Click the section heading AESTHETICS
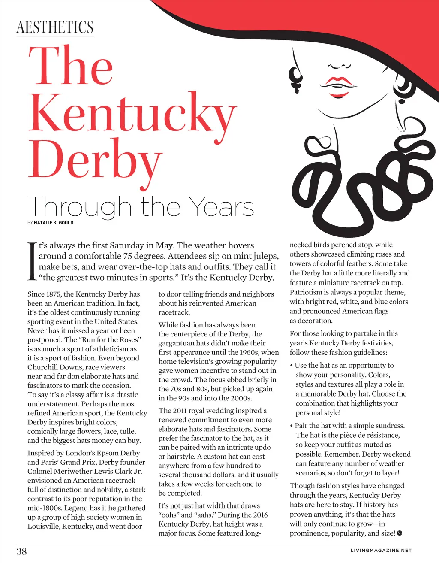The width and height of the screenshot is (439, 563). coord(55,27)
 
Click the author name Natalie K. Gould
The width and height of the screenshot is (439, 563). coord(54,223)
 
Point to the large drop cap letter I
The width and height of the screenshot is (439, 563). coord(32,261)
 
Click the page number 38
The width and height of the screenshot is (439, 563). coord(21,551)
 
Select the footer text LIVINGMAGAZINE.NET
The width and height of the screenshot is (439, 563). coord(381,551)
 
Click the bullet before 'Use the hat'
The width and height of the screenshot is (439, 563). coord(292,366)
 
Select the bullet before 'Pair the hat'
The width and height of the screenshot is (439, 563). coord(292,426)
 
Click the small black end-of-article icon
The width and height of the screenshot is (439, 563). coord(400,533)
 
